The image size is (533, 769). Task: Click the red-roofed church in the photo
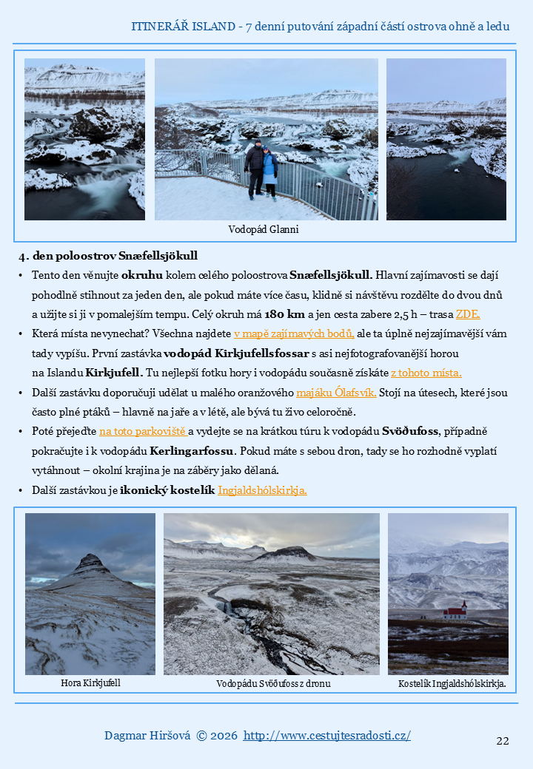coord(455,611)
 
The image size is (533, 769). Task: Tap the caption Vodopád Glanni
coord(264,230)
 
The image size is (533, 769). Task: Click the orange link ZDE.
coord(468,314)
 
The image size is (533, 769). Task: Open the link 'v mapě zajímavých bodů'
coord(294,333)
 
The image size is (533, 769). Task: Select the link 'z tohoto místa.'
coord(426,373)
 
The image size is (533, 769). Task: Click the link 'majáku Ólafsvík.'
coord(336,392)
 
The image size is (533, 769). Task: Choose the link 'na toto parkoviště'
coord(143,431)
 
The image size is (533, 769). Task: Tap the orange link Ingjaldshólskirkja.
coord(262,489)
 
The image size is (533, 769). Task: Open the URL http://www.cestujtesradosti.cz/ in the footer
coord(326,736)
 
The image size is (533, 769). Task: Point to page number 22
coord(503,741)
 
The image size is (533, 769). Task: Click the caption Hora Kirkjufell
coord(90,683)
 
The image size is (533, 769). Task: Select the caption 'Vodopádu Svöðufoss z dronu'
coord(273,684)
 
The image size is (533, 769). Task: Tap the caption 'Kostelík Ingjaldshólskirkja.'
coord(452,684)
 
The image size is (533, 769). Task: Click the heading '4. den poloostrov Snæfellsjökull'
coord(108,257)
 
